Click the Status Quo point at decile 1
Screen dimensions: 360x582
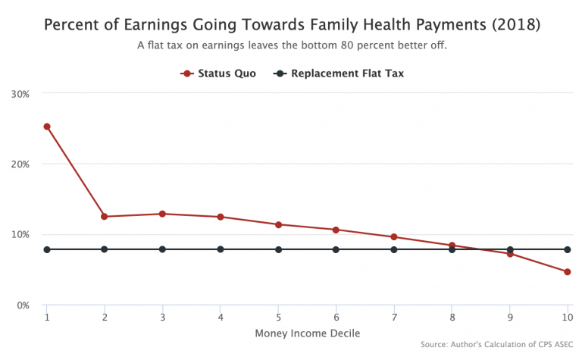click(47, 127)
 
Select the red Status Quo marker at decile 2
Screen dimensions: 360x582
click(105, 217)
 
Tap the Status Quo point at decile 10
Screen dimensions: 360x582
click(568, 272)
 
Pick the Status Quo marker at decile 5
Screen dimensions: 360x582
click(278, 224)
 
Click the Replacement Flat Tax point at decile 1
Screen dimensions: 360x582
click(47, 249)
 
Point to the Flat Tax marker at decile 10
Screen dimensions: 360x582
click(568, 249)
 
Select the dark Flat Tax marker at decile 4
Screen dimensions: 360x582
click(221, 249)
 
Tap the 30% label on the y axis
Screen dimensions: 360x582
click(20, 94)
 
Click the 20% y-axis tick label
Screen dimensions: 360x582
click(20, 164)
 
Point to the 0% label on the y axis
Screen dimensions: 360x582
click(23, 305)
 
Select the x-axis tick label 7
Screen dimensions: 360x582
click(394, 317)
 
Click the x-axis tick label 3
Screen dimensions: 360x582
click(162, 317)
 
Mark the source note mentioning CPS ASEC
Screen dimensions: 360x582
click(497, 345)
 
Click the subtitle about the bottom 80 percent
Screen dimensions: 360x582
click(292, 45)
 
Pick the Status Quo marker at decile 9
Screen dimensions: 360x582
click(510, 254)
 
